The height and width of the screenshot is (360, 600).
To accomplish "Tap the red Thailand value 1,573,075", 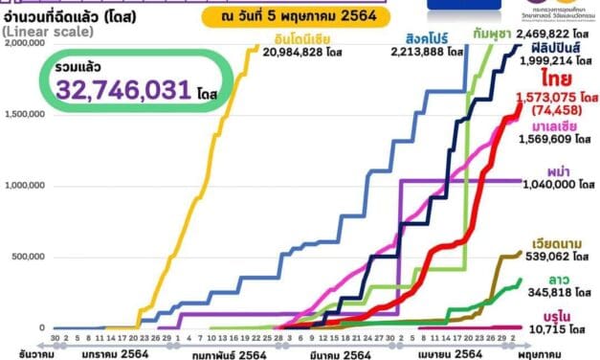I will coord(549,97).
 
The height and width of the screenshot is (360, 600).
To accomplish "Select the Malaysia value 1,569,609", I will coord(545,141).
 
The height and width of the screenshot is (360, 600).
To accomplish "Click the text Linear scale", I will coord(46,33).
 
